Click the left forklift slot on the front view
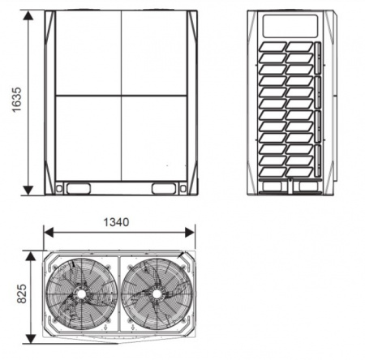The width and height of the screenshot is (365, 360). click(79, 188)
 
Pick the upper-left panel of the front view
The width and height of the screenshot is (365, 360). click(88, 54)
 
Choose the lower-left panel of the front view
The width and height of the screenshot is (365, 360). click(88, 138)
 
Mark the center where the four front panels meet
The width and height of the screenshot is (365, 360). click(121, 96)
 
